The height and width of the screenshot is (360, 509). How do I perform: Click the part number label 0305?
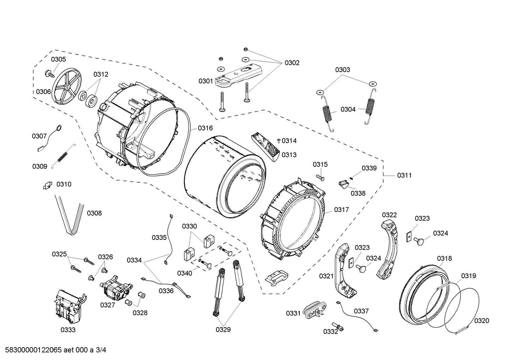(x=58, y=59)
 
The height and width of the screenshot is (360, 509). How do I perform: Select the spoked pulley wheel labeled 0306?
(x=66, y=86)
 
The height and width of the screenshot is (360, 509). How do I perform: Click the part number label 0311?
(x=404, y=175)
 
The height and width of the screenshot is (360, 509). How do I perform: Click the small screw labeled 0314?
(x=279, y=141)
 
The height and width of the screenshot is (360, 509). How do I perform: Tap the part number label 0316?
(x=205, y=128)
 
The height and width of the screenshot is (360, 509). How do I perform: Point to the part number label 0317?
(x=341, y=210)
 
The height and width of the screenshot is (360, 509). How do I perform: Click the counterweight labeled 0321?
(x=343, y=268)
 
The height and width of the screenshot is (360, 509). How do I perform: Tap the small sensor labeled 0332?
(x=338, y=327)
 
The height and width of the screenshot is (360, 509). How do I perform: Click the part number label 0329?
(x=223, y=330)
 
